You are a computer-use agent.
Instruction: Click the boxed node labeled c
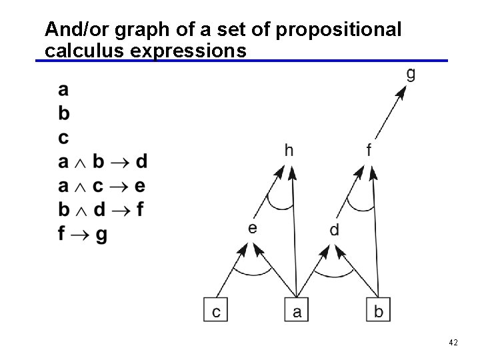[216, 311]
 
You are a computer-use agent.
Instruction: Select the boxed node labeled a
[297, 311]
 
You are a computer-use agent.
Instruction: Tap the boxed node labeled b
[378, 311]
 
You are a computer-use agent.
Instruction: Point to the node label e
[253, 228]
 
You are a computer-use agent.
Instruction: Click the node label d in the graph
[335, 230]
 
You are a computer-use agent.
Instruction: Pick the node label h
[289, 151]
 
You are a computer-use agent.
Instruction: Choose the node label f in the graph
[369, 151]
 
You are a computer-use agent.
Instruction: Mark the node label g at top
[411, 73]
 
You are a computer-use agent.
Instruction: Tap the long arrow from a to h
[294, 233]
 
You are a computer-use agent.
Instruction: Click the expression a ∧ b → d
[103, 162]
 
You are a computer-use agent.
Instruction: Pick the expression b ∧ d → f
[101, 211]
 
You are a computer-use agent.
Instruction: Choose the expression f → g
[83, 235]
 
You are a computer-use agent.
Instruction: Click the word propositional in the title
[338, 29]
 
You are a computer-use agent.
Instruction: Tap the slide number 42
[453, 343]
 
